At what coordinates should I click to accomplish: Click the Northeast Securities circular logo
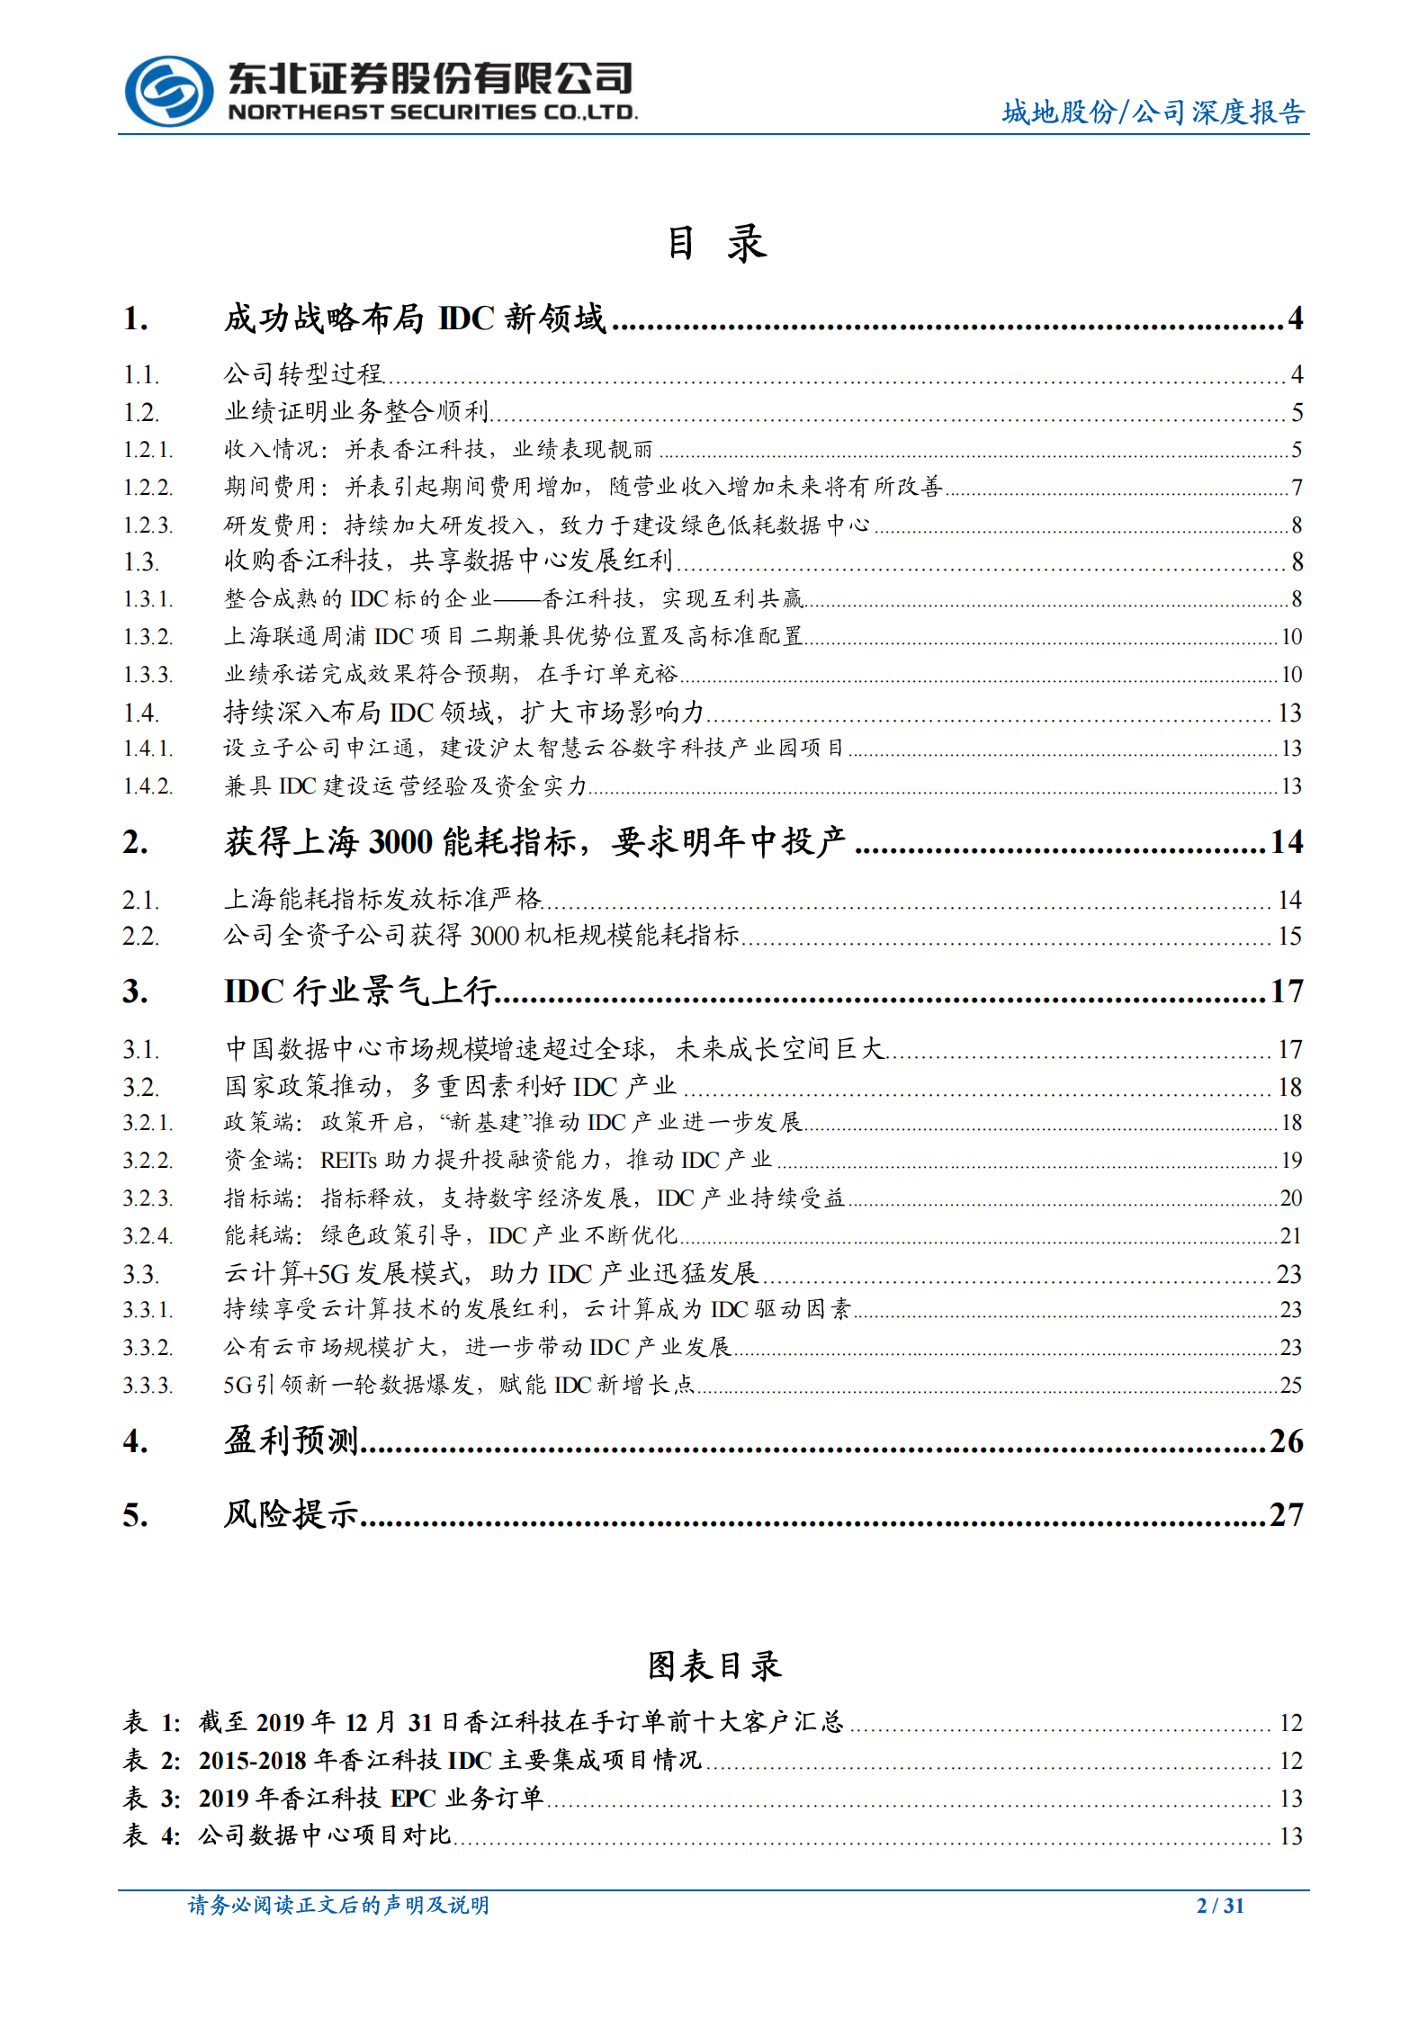(168, 91)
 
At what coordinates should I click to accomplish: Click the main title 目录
(715, 244)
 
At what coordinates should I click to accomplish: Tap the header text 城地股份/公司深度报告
(1153, 112)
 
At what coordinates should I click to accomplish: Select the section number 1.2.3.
(148, 525)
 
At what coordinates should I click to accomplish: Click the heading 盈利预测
(291, 1440)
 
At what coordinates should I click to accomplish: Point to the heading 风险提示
(291, 1514)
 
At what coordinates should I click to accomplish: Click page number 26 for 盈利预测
(1286, 1440)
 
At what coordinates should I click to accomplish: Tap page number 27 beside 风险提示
(1286, 1514)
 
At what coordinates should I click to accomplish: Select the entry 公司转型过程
(303, 373)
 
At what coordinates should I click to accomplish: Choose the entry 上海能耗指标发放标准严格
(382, 899)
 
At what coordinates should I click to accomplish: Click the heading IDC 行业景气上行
(359, 992)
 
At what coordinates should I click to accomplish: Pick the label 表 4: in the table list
(151, 1835)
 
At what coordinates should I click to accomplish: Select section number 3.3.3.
(148, 1385)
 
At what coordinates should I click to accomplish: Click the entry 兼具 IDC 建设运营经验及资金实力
(405, 786)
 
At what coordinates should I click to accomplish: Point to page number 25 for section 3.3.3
(1290, 1385)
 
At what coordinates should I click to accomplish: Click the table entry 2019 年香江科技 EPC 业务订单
(371, 1798)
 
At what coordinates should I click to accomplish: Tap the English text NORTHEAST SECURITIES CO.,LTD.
(432, 112)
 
